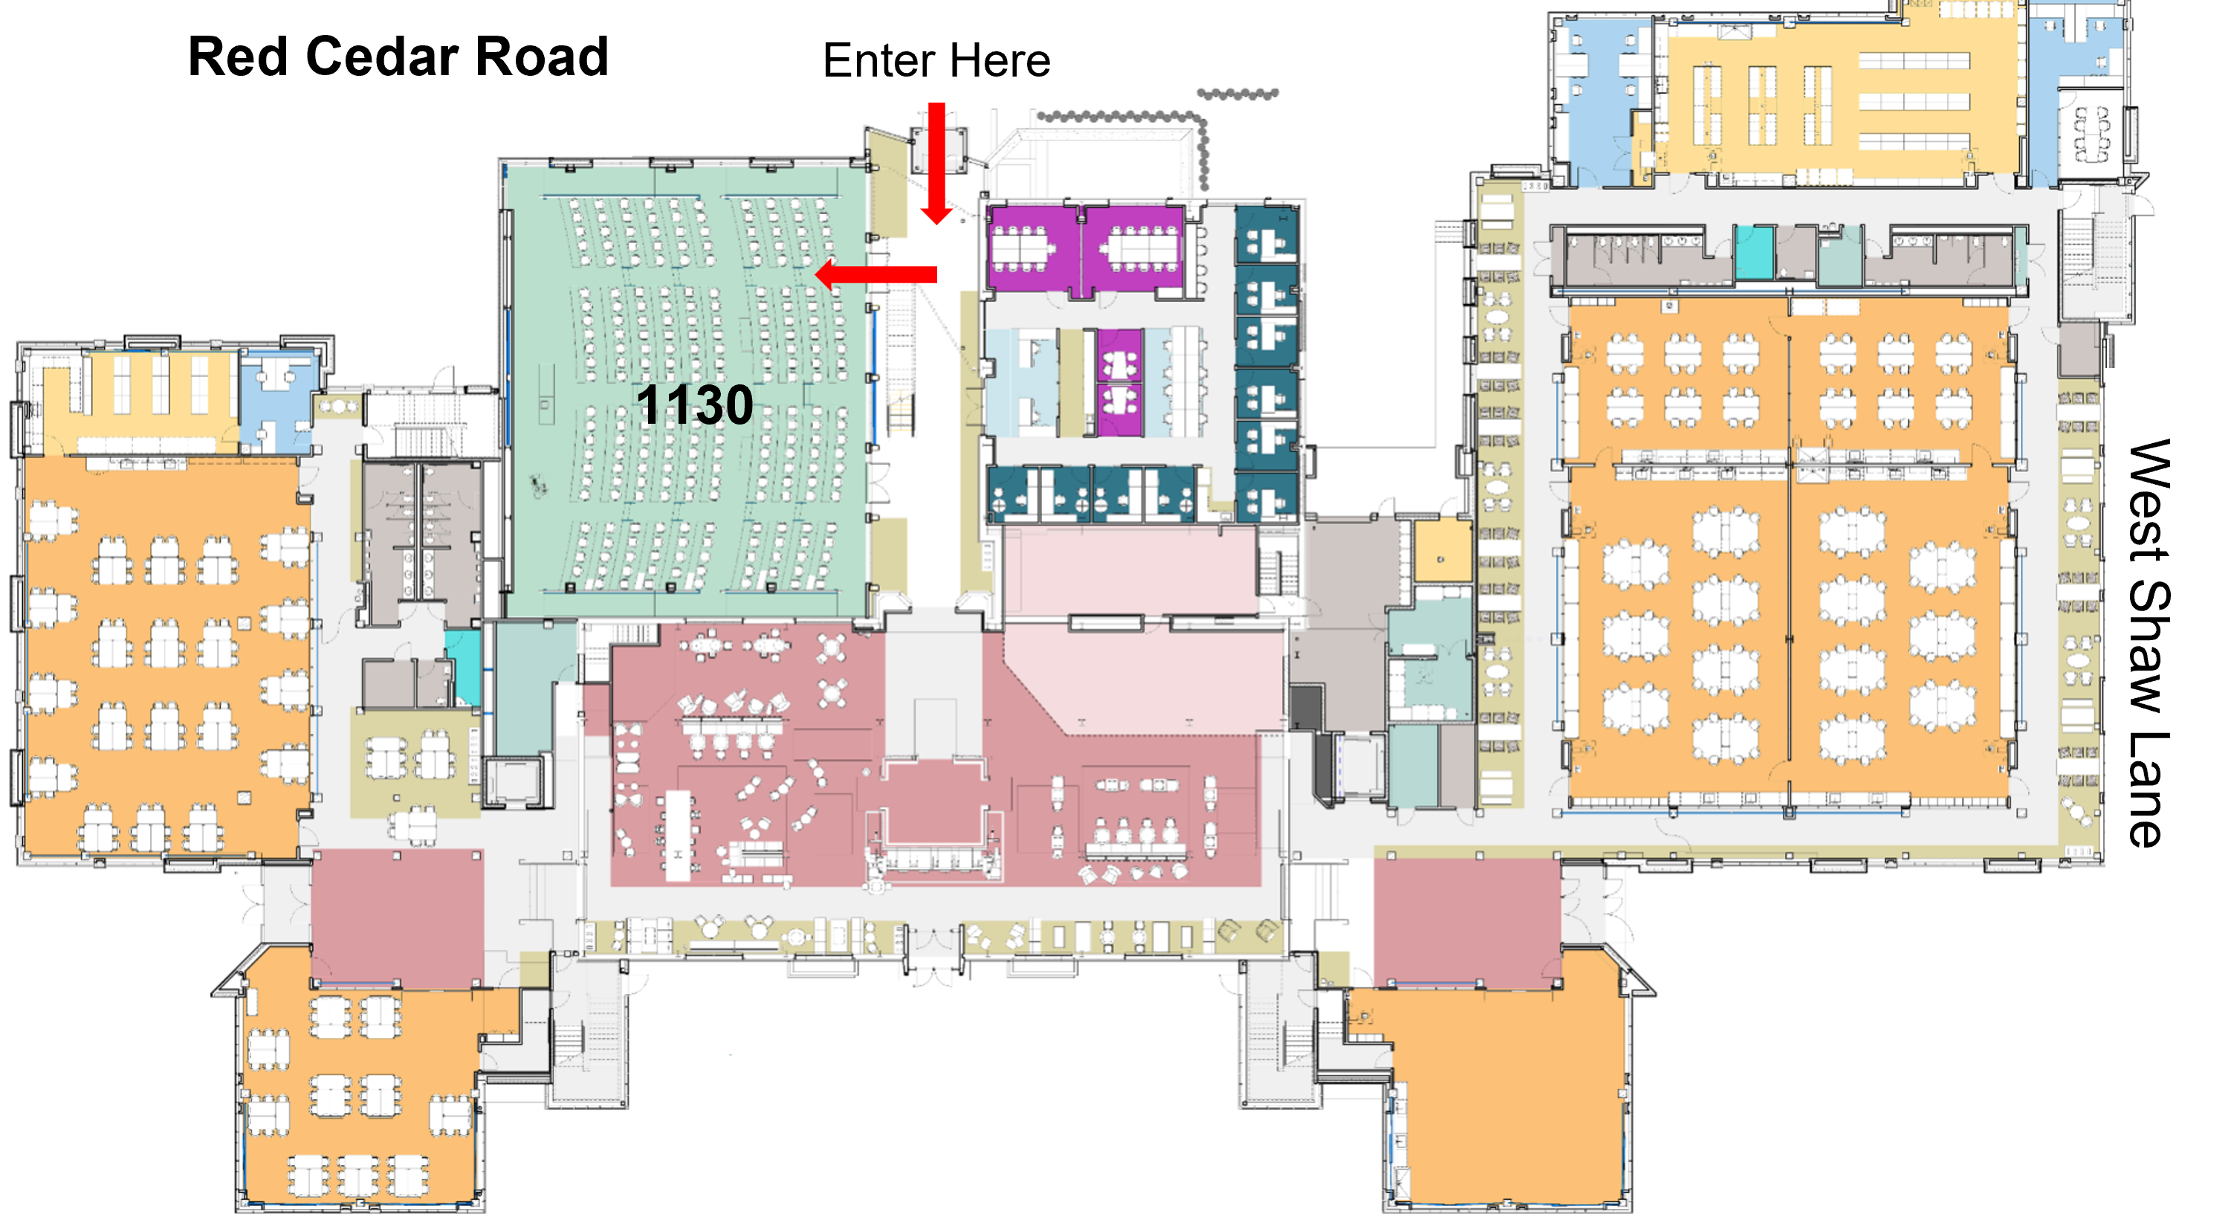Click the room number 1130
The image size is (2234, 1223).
pyautogui.click(x=694, y=404)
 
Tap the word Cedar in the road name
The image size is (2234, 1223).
pyautogui.click(x=380, y=57)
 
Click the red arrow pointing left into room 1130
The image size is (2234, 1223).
pyautogui.click(x=876, y=274)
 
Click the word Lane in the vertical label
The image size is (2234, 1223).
pyautogui.click(x=2149, y=790)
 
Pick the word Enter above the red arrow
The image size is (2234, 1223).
pyautogui.click(x=879, y=61)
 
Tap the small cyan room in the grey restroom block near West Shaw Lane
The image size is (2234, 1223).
pyautogui.click(x=1754, y=251)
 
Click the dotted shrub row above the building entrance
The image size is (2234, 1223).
pyautogui.click(x=1118, y=116)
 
